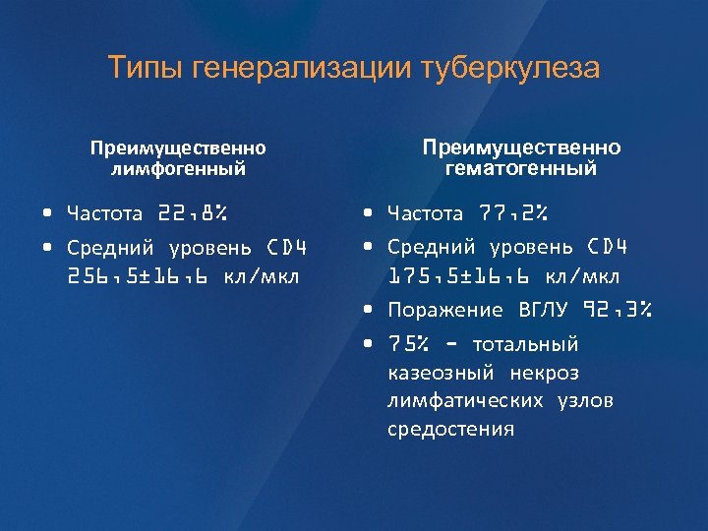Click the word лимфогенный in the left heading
pos(178,168)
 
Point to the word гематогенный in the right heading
pos(521,168)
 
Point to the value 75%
pos(407,344)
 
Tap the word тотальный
pos(526,344)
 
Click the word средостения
pos(450,430)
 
